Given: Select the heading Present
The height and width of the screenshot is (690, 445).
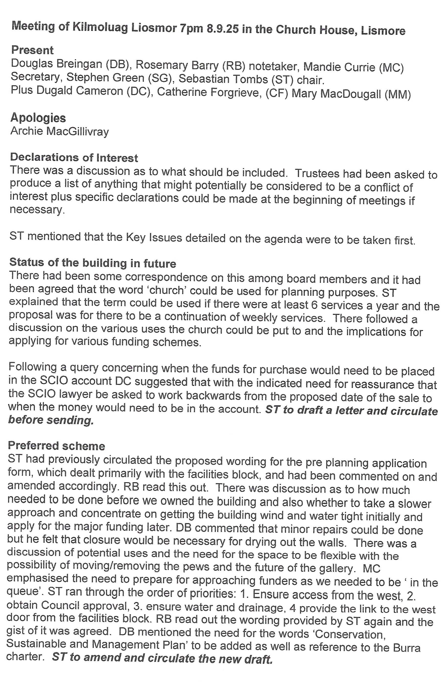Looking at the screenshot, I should [x=32, y=50].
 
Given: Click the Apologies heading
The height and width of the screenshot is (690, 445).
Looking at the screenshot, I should [x=38, y=118].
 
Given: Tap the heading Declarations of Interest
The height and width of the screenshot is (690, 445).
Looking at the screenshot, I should [x=74, y=158].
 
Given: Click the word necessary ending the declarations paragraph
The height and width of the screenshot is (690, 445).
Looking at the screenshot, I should [x=36, y=209].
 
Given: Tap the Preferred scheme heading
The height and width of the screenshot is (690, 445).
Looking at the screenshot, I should [x=56, y=446].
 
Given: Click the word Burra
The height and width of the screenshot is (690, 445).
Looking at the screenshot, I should [x=407, y=648].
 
